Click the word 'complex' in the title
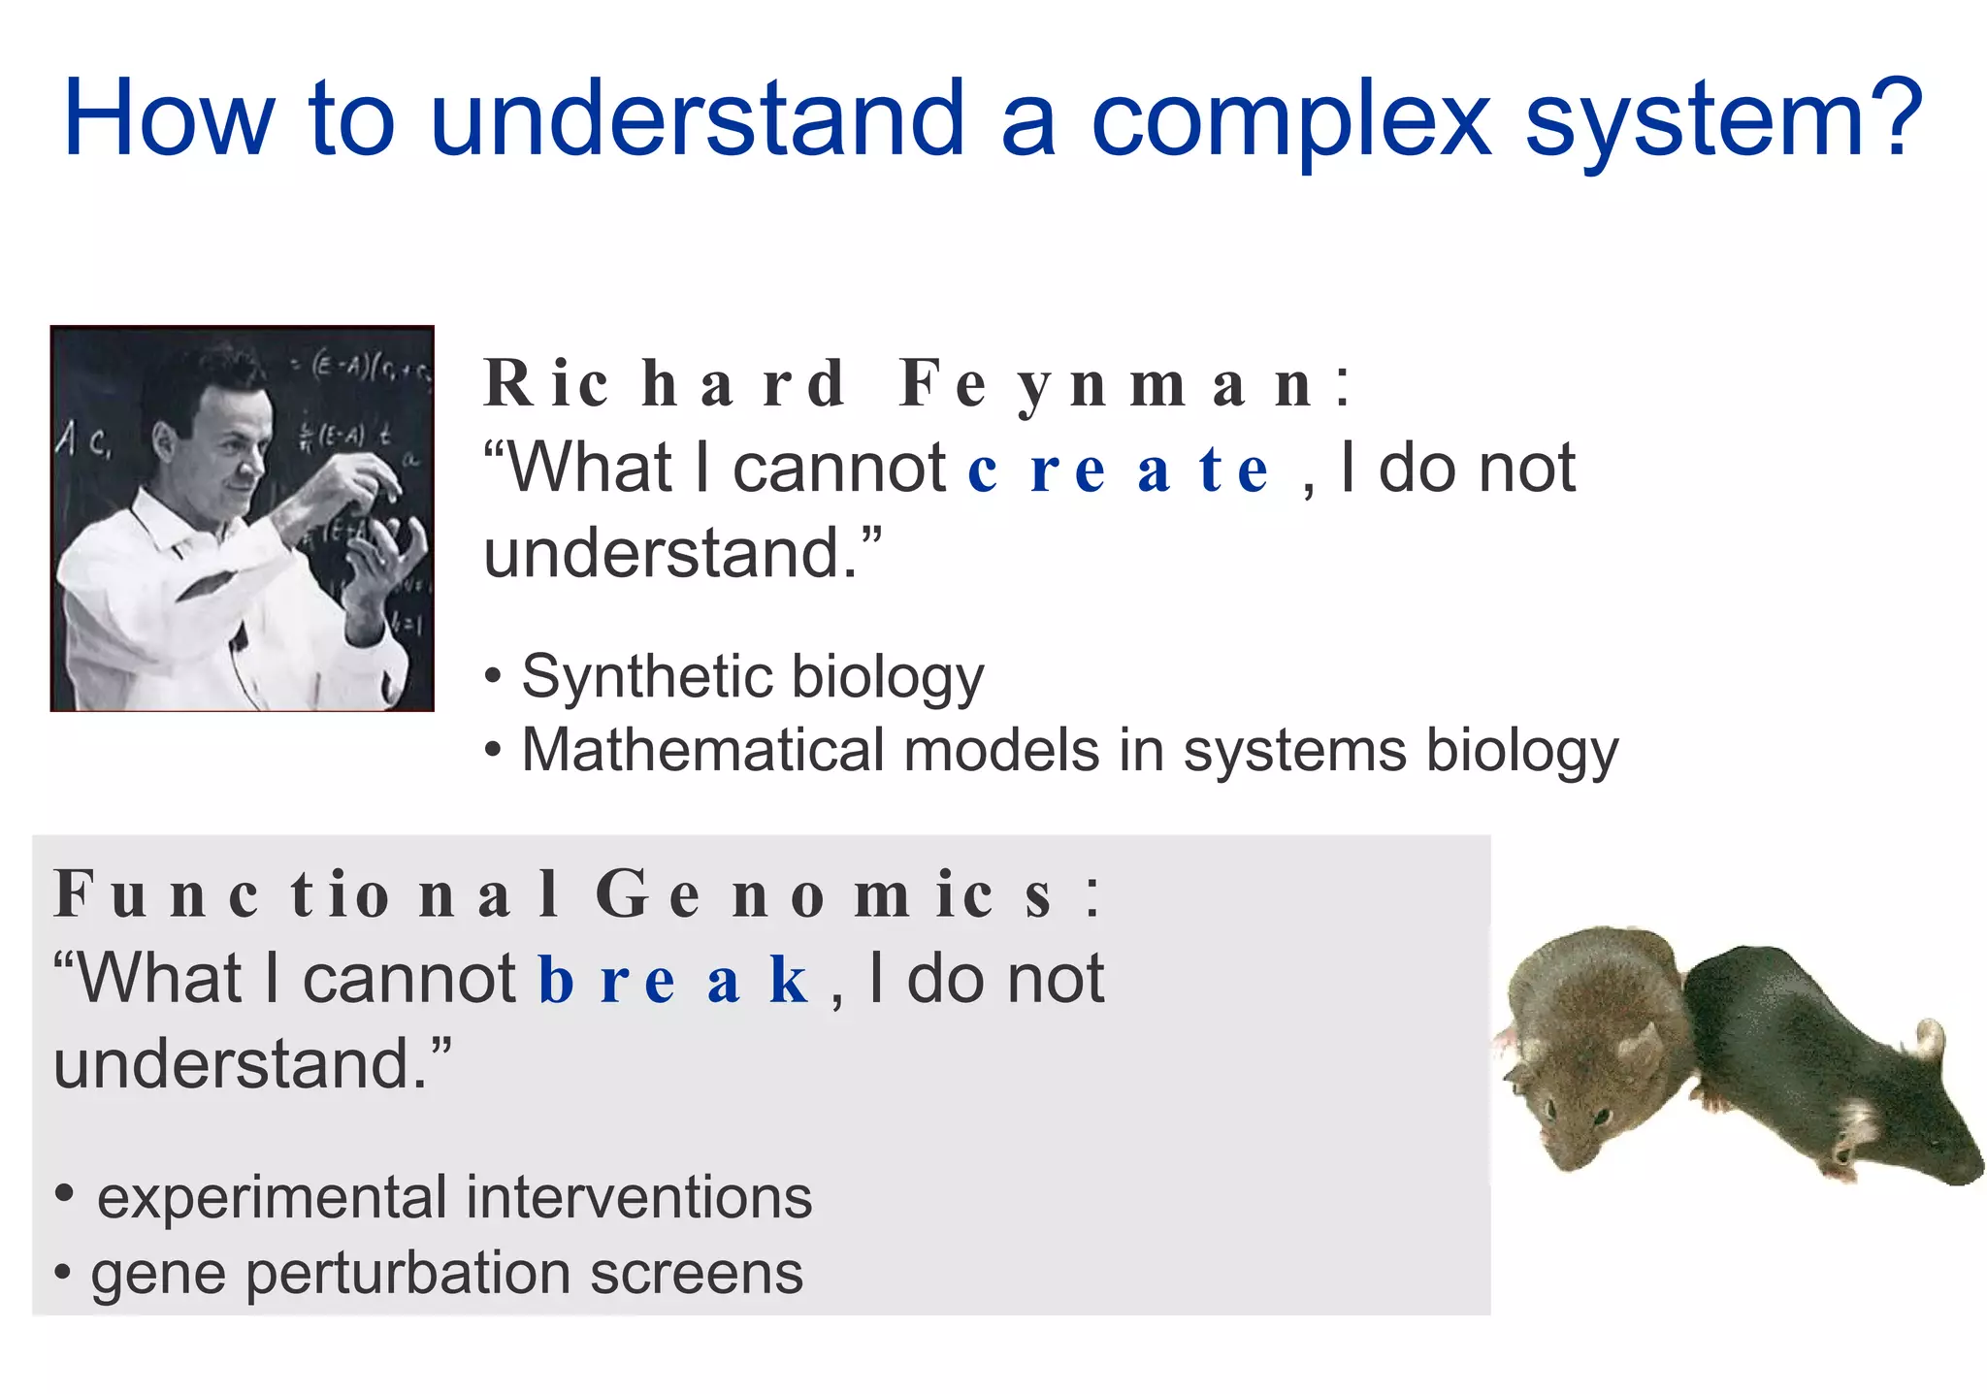[1290, 121]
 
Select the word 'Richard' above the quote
[665, 384]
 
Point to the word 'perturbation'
[408, 1274]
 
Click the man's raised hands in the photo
[369, 524]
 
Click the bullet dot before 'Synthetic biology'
[494, 676]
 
